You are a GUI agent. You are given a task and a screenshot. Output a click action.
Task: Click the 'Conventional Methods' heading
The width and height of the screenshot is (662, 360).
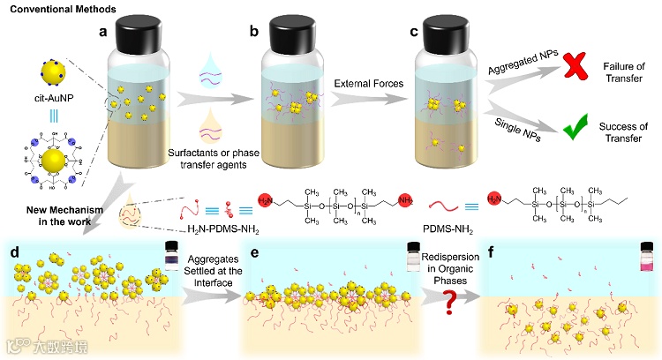[53, 8]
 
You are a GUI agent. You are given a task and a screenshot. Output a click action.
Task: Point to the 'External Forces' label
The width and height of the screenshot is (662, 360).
[365, 84]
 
